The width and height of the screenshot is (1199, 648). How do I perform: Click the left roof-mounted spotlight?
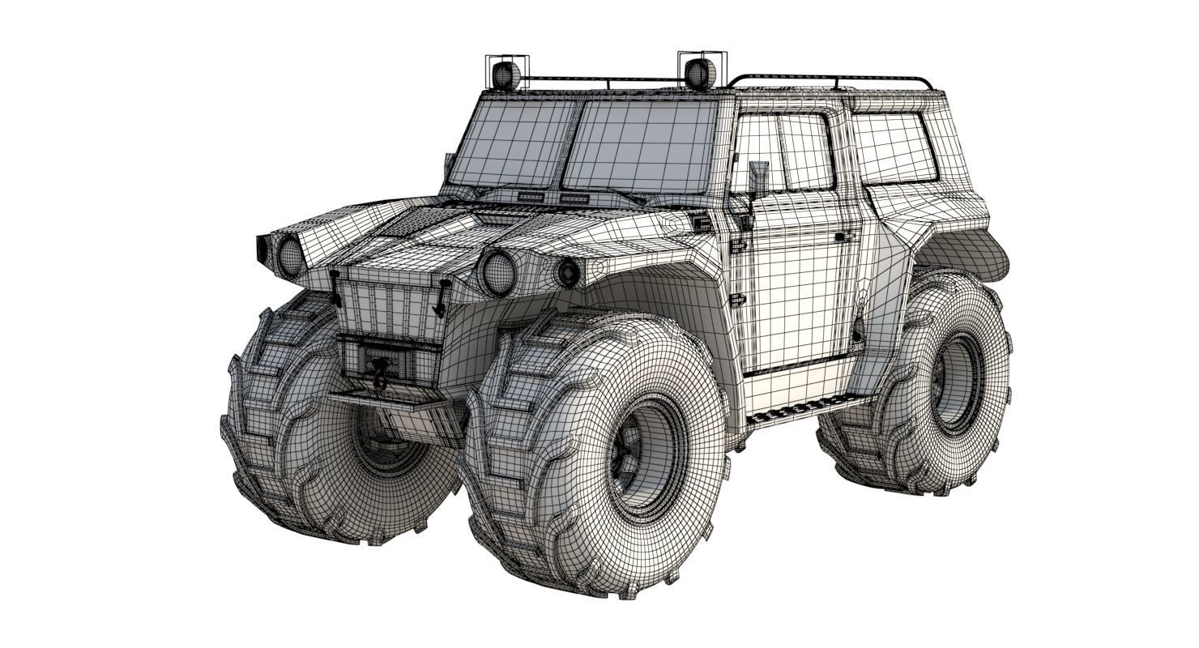(506, 75)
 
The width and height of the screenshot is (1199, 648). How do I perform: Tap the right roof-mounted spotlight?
(700, 73)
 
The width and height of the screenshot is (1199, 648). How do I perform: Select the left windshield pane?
(512, 143)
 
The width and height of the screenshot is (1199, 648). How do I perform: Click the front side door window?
(782, 152)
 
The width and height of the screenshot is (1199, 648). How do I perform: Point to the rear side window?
(894, 148)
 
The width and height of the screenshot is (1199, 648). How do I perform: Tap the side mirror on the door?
(758, 178)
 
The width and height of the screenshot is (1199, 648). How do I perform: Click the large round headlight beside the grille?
(498, 272)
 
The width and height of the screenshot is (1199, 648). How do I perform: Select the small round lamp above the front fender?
(567, 273)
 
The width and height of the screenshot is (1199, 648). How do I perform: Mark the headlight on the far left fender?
(290, 256)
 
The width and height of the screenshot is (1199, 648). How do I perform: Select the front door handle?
(844, 237)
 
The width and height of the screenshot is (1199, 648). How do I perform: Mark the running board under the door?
(810, 409)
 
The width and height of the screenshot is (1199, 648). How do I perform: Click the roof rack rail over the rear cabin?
(834, 79)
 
